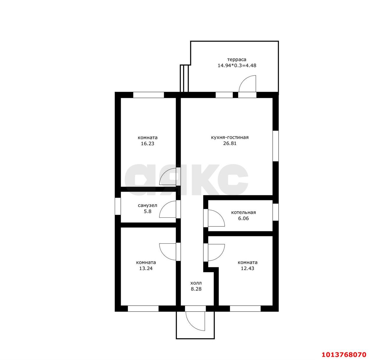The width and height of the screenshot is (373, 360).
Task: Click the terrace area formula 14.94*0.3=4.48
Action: [x=237, y=65]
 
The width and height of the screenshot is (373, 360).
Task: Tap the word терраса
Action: [x=237, y=60]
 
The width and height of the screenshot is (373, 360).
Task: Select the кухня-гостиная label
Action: [x=230, y=137]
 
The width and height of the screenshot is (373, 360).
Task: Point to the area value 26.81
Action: [x=230, y=143]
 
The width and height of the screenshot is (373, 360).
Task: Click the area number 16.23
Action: [x=147, y=143]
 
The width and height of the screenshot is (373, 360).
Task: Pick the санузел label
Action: [x=147, y=205]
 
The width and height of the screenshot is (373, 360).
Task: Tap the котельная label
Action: [x=243, y=212]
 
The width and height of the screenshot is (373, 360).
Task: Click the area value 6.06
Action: [x=243, y=218]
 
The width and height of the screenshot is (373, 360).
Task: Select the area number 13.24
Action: [x=146, y=269]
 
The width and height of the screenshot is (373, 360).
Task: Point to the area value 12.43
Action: [x=247, y=269]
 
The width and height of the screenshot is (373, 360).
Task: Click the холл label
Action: [x=196, y=283]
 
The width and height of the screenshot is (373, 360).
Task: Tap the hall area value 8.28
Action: [x=196, y=289]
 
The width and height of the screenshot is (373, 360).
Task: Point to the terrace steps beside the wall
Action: [x=184, y=79]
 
